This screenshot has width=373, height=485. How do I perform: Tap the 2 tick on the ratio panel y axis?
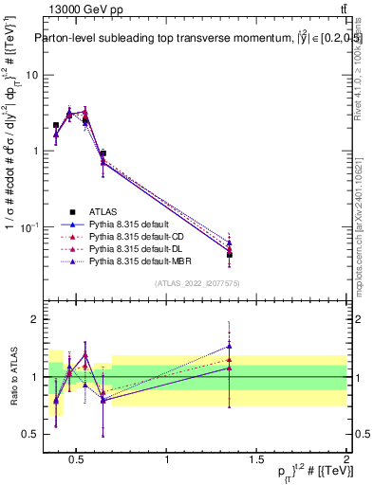28,319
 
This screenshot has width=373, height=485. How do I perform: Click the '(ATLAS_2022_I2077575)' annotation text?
196,283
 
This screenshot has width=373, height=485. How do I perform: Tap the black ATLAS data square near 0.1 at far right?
229,255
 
